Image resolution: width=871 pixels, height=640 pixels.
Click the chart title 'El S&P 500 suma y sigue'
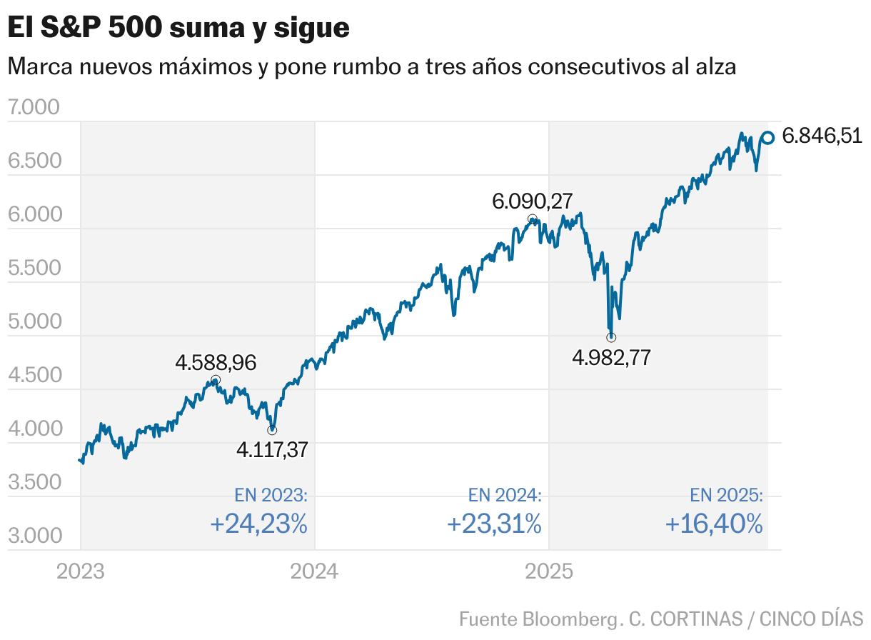coord(178,28)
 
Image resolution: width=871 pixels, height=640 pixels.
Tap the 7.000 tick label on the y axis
coord(33,108)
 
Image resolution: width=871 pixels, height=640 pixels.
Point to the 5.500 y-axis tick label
coord(33,269)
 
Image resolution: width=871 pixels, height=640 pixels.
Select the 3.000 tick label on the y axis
coord(33,536)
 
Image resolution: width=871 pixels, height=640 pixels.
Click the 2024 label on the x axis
coord(314,571)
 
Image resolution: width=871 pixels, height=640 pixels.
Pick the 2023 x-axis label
coord(80,571)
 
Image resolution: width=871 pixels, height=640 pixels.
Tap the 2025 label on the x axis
coord(548,571)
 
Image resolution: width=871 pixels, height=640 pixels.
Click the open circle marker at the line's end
coord(768,137)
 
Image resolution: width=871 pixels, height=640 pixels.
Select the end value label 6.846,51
coord(822,136)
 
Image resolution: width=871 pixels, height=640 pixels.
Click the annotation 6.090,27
coord(532,201)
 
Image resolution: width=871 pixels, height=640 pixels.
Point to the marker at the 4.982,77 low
coord(611,337)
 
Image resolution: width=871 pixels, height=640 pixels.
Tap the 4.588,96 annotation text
coord(216,363)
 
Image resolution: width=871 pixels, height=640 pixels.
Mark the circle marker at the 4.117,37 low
coord(272,430)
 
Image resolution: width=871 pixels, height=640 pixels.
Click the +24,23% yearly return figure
coord(258,525)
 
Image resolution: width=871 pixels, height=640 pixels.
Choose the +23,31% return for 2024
coord(494,525)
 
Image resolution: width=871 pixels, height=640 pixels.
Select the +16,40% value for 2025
coord(714,525)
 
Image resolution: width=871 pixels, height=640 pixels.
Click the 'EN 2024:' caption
coord(505,496)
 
